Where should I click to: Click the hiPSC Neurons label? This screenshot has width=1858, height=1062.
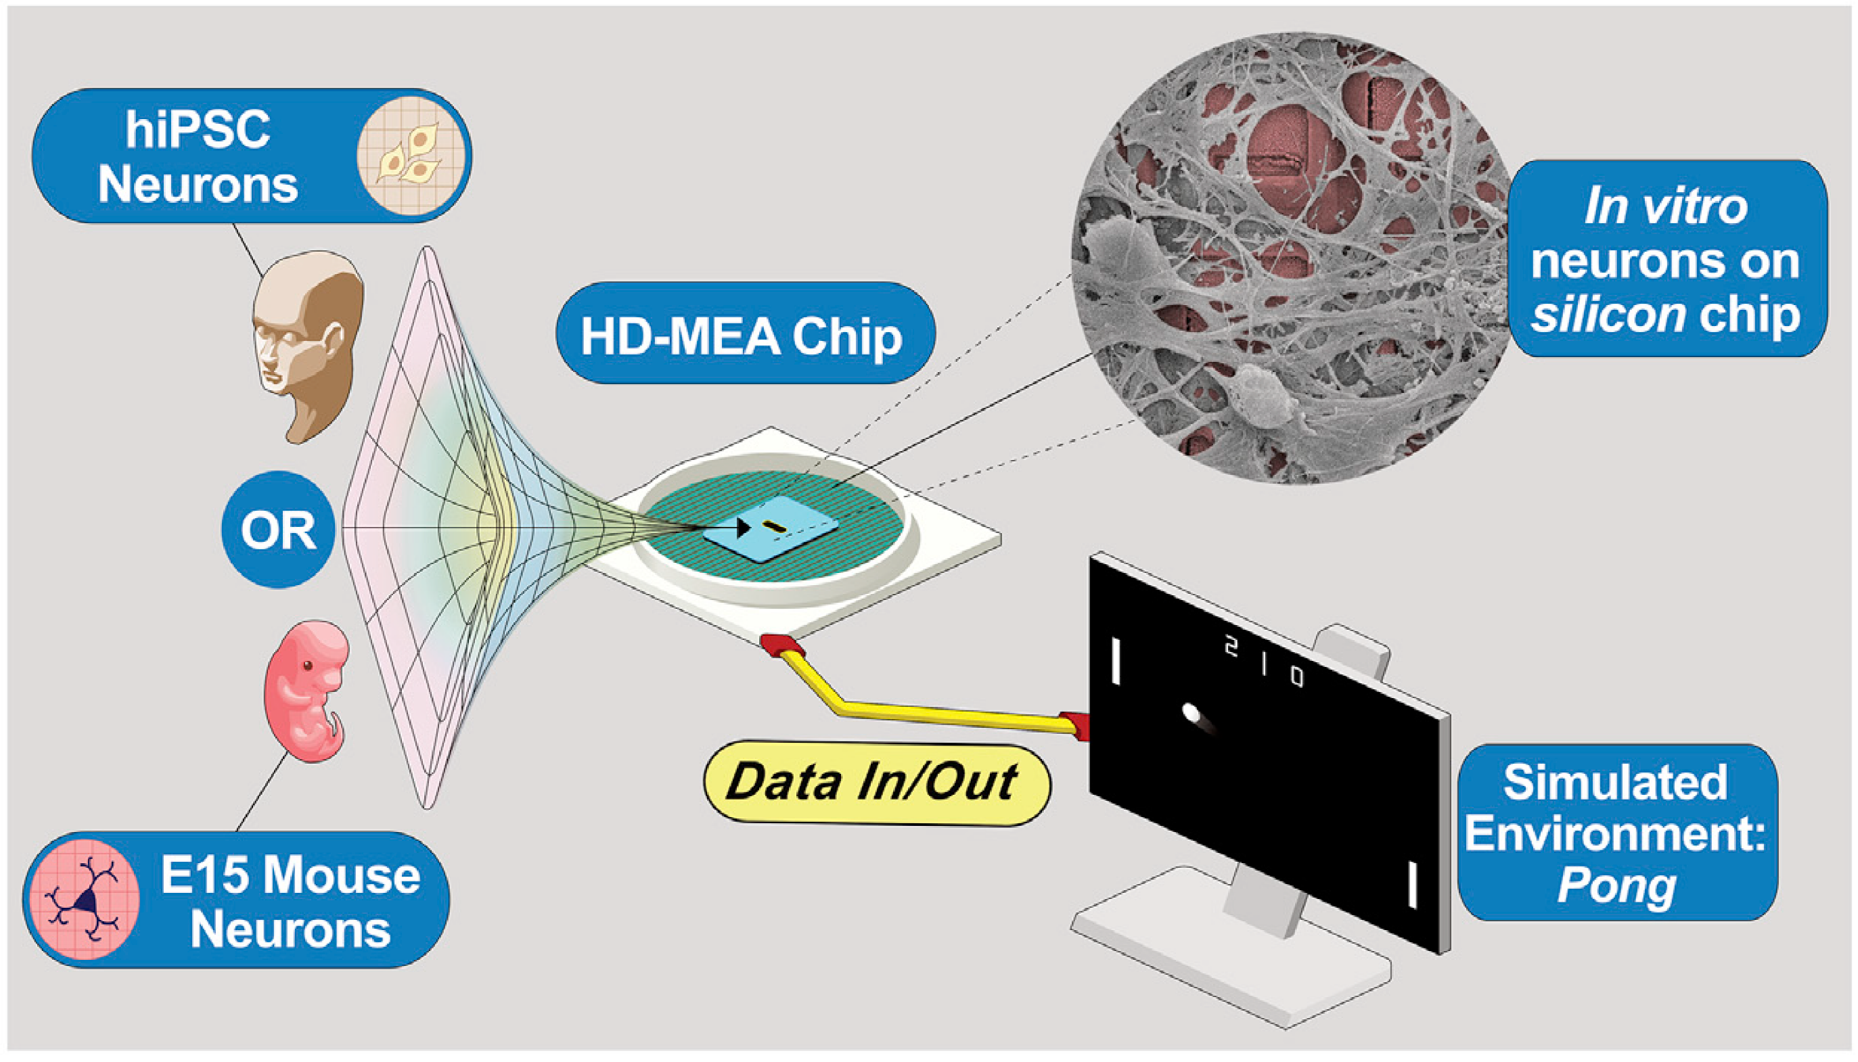252,156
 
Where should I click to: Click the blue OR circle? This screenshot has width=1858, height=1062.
278,530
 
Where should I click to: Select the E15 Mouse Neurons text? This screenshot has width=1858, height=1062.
290,902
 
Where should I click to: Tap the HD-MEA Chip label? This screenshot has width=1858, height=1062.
745,333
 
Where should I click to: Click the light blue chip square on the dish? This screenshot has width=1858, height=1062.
771,530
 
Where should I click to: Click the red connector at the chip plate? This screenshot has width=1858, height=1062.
782,646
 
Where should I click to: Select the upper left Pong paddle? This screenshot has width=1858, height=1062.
1115,662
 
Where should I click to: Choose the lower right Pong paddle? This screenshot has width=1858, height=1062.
1412,885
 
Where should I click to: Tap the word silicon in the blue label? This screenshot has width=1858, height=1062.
1608,315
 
